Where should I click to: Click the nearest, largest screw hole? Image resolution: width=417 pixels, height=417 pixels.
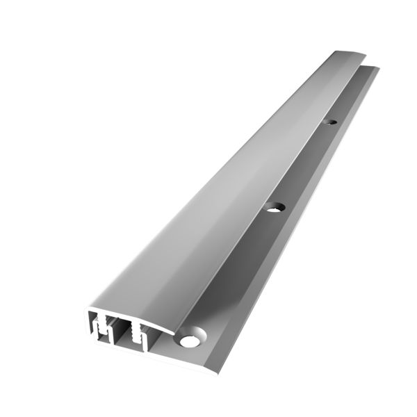point(189,341)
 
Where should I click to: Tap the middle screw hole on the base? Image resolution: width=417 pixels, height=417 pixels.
point(277,206)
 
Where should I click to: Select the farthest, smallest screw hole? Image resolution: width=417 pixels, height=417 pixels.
point(332,123)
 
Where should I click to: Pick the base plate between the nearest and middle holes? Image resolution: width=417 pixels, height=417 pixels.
point(233,271)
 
